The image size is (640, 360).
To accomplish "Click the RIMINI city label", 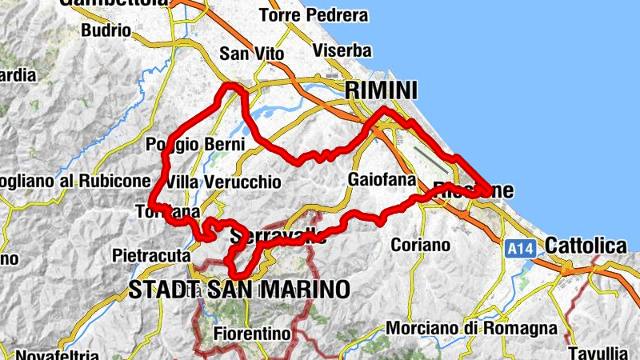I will tap(382, 91).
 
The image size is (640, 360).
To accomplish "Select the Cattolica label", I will tap(586, 246).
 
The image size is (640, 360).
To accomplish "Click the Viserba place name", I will tap(342, 51).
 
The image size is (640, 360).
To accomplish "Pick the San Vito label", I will tap(246, 54).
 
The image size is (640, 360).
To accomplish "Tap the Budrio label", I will tap(106, 30).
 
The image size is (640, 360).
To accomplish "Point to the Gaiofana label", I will tap(380, 179).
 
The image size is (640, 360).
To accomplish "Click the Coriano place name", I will tap(420, 245).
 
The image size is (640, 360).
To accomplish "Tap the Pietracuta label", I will tap(151, 256).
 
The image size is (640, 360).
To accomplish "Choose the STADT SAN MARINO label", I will tap(239, 289).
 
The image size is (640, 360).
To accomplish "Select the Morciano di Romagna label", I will tap(471, 328).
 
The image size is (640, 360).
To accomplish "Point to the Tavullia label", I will tap(604, 352).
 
